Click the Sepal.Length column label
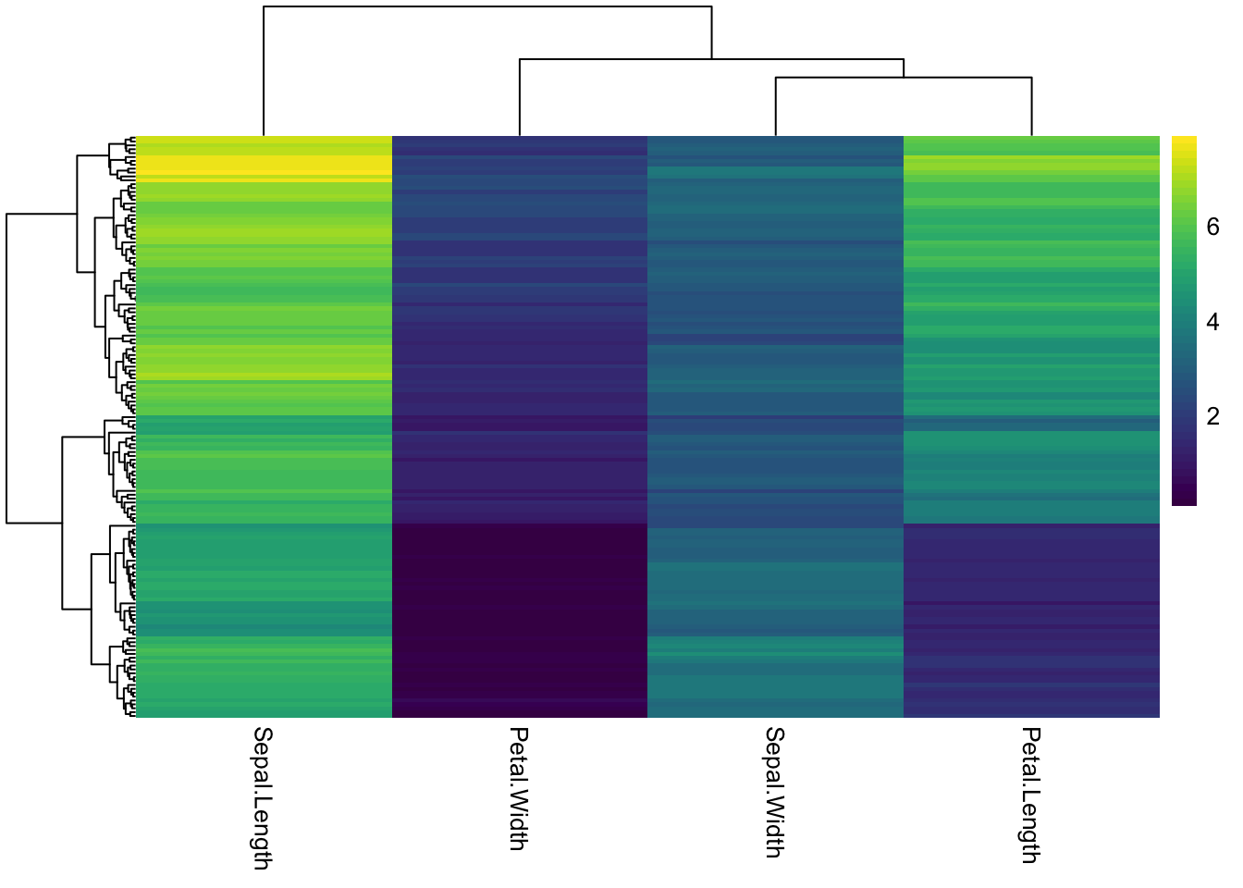pos(263,797)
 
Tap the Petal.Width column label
pos(519,788)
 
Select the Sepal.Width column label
pos(775,792)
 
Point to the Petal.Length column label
pos(1030,795)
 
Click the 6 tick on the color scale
pos(1212,228)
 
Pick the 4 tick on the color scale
pos(1212,322)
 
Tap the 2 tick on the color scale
pos(1212,417)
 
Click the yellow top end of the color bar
pos(1184,141)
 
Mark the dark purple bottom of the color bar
pos(1184,500)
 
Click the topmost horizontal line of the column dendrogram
pos(487,7)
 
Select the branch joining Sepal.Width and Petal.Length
pos(904,78)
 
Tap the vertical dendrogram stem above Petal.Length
pos(1031,106)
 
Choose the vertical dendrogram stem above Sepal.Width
pos(776,106)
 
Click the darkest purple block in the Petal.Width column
pos(520,610)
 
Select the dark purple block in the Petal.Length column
pos(1031,620)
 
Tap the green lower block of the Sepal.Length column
pos(264,675)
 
